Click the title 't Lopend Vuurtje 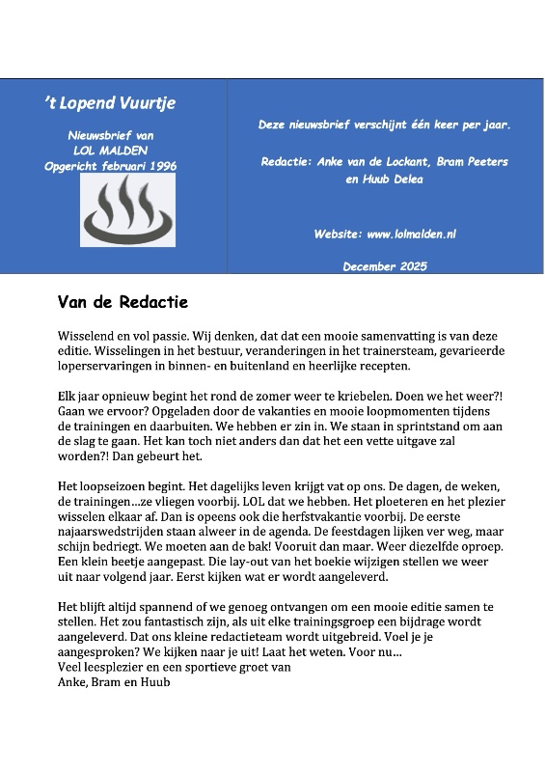[x=111, y=103]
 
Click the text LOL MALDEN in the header [x=113, y=152]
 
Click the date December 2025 [x=385, y=266]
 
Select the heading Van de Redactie [x=123, y=303]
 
